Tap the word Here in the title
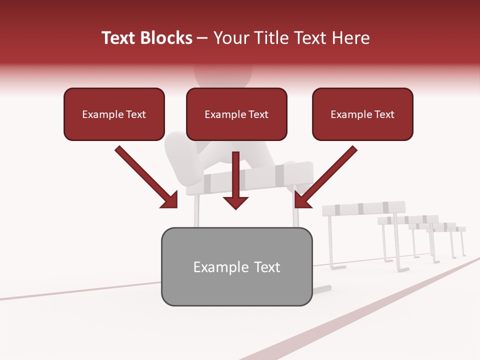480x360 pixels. coord(350,38)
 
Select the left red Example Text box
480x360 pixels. coord(114,114)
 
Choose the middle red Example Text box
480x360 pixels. coord(236,114)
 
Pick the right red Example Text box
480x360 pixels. coord(362,114)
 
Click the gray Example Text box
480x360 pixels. coord(236,266)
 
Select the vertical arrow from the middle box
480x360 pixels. coord(236,180)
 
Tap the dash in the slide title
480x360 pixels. coord(202,38)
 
